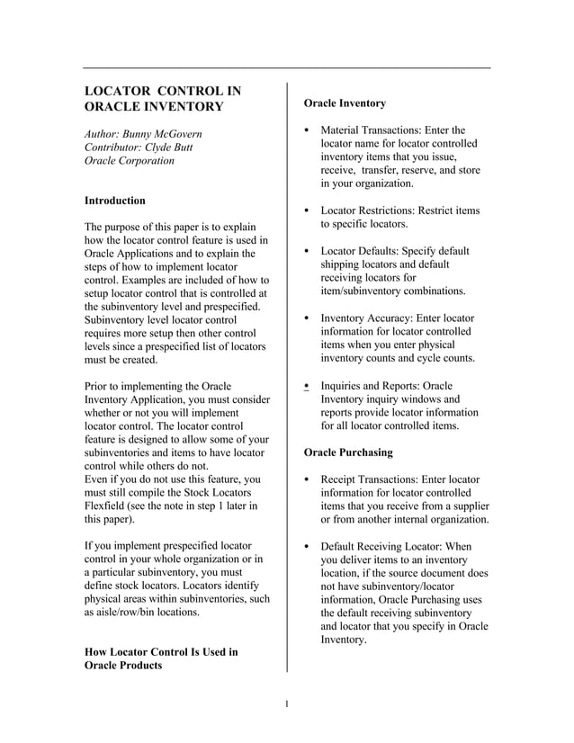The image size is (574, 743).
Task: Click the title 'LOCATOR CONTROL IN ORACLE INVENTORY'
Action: point(162,99)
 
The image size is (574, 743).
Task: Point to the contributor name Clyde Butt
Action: point(170,147)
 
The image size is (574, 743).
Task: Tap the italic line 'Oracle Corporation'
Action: point(129,160)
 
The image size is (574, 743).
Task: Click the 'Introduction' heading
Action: point(114,200)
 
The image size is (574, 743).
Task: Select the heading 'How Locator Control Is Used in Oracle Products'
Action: point(160,658)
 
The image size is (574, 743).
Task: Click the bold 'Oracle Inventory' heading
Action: point(345,103)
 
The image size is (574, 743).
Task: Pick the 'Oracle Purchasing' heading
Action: point(348,452)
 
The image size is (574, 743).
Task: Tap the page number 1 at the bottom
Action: point(286,703)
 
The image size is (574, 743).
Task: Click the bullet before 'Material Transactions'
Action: point(308,131)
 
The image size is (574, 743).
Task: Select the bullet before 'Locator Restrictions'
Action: point(308,211)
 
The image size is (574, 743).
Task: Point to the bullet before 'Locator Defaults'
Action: point(308,252)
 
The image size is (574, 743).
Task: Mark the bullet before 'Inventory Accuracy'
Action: point(308,319)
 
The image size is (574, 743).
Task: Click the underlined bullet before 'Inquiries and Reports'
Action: point(308,387)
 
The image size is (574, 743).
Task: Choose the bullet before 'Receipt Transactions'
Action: point(308,480)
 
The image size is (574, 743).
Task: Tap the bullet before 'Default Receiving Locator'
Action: point(308,547)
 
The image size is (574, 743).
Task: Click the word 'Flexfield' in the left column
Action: point(106,506)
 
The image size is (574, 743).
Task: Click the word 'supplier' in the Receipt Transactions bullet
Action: point(469,506)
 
